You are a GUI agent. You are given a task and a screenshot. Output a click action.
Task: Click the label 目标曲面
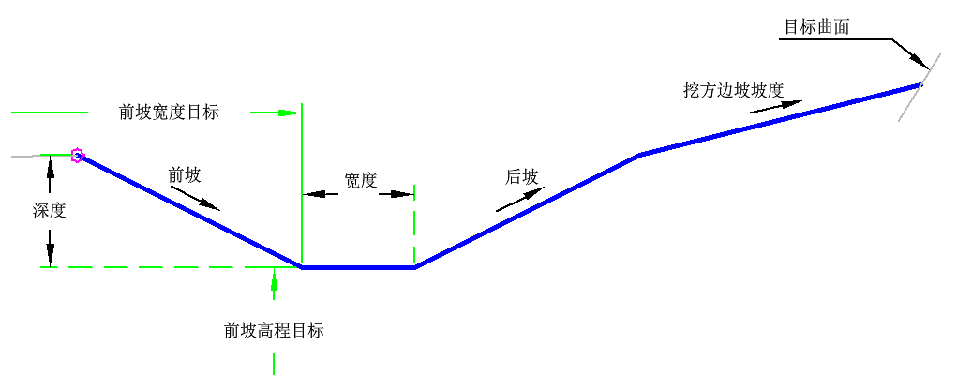click(816, 27)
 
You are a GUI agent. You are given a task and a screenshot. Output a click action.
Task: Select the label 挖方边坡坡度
click(732, 90)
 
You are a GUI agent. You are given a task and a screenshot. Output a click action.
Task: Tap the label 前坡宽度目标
click(169, 112)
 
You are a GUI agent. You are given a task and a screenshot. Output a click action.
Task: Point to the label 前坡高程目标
click(274, 330)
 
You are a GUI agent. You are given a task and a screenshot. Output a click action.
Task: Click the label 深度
click(49, 211)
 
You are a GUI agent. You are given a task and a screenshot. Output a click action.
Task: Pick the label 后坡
click(521, 176)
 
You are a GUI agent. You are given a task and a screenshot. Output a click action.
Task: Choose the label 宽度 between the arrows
click(360, 181)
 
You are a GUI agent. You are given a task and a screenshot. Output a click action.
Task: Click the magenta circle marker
click(78, 156)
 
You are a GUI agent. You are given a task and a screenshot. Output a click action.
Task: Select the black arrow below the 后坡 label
click(520, 199)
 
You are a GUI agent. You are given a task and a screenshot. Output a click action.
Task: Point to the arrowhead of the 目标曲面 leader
click(922, 62)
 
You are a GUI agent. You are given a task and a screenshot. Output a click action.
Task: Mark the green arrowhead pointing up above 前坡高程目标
click(274, 275)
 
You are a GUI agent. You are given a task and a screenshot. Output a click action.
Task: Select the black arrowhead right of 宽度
click(402, 194)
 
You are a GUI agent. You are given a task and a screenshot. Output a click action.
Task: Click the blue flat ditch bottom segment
click(358, 267)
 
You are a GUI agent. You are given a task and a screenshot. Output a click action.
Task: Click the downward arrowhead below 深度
click(50, 255)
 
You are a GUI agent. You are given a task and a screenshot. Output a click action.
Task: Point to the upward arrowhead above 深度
click(50, 166)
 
